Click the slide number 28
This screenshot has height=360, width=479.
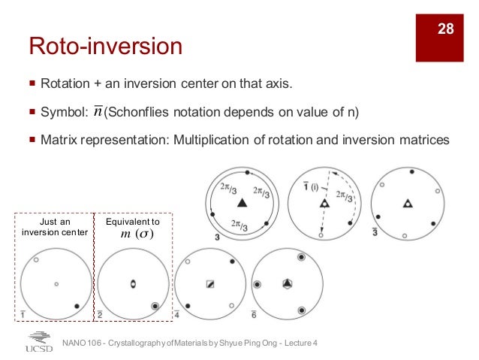tap(446, 29)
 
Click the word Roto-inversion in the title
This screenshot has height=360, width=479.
tap(106, 47)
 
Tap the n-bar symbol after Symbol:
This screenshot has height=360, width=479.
tap(99, 112)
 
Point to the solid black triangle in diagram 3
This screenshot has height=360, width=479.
tap(242, 203)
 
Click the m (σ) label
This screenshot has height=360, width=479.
tap(137, 234)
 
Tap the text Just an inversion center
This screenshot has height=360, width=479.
tap(56, 228)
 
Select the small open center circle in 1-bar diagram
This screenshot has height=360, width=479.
tap(56, 284)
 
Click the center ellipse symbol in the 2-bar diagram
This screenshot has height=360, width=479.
tap(133, 284)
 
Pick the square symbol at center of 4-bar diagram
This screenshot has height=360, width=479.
tap(210, 284)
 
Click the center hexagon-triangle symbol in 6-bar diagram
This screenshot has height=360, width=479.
tap(287, 284)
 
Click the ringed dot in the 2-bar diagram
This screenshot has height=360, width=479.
tap(155, 306)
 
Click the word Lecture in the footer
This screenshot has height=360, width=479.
tap(295, 343)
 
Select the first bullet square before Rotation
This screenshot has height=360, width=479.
tap(32, 84)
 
